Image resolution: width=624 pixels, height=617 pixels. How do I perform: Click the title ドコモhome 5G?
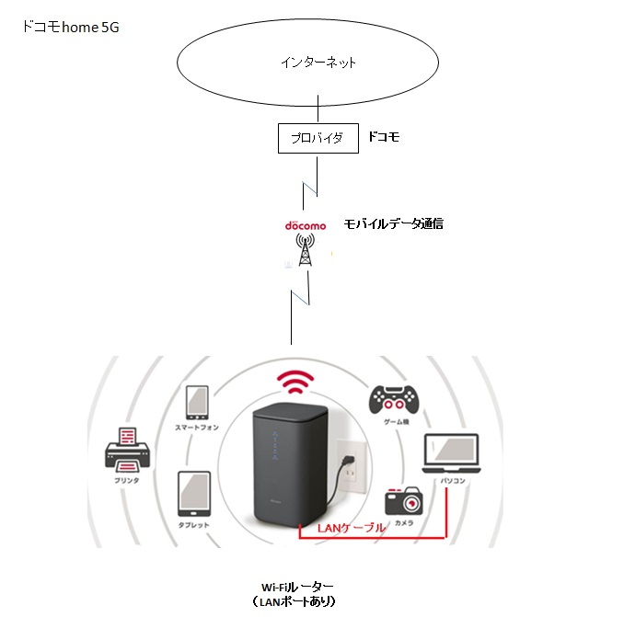(x=70, y=28)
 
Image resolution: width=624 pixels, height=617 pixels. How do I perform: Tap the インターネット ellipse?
(x=318, y=63)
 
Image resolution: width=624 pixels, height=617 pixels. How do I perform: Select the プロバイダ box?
(x=317, y=138)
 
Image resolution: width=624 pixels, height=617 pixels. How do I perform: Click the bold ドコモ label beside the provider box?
(x=383, y=137)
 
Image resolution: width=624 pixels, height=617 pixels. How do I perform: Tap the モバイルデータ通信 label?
(x=393, y=223)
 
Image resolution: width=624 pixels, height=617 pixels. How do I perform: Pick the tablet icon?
(x=194, y=495)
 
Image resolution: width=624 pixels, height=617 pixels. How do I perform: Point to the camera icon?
(x=404, y=500)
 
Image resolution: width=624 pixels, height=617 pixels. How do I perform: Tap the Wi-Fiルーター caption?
(x=298, y=587)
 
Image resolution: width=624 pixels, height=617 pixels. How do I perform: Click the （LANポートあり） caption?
(x=298, y=602)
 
